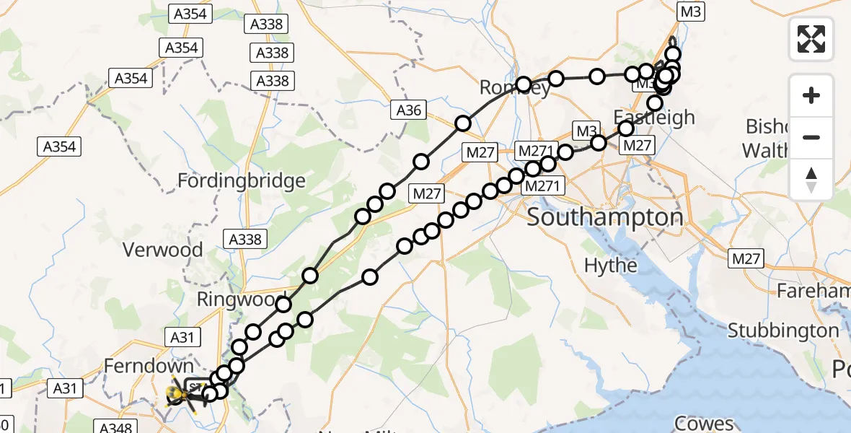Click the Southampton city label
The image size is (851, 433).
point(604,217)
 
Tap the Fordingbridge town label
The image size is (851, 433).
point(242,180)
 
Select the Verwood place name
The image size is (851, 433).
point(159,250)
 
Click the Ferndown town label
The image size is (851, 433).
point(149,366)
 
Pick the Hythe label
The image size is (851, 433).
point(610,266)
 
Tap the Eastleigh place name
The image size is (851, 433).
point(655,118)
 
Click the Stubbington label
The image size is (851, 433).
point(783,331)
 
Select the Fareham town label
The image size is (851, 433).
point(813,292)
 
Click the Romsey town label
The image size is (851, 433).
point(515,89)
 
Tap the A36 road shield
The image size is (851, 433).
point(408,110)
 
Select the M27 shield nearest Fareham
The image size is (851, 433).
point(746,258)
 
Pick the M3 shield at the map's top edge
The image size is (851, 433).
point(691,11)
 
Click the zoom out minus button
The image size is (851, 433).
point(811,137)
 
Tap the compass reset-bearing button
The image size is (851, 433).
point(811,180)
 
